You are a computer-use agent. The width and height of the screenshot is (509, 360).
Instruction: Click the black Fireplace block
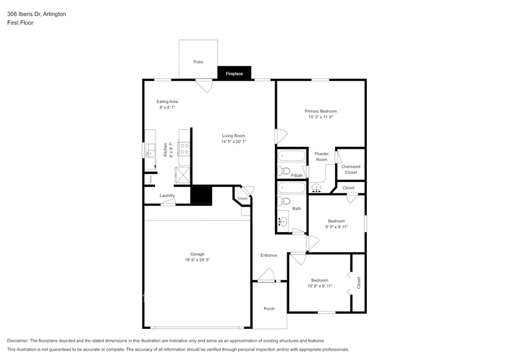(234, 73)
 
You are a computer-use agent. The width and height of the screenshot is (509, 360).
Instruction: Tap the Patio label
(198, 62)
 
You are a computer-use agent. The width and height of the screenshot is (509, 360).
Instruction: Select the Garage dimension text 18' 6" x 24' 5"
(197, 260)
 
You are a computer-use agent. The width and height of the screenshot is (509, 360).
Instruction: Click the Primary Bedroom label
(320, 111)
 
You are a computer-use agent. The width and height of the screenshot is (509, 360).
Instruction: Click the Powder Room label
(322, 157)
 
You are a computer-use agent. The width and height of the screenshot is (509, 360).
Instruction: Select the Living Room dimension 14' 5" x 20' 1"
(233, 142)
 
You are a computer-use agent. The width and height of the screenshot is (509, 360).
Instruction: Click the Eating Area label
(167, 102)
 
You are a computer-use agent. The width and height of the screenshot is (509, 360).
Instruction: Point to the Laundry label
(167, 196)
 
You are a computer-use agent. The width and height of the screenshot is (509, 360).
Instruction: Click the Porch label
(269, 309)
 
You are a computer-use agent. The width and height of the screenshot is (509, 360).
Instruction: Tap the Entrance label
(268, 255)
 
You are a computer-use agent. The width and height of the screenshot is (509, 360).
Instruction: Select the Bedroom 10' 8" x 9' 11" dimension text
(319, 286)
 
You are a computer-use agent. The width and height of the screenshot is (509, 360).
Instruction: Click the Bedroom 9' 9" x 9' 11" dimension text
(336, 227)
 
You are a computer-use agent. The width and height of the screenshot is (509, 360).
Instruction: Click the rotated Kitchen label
(165, 149)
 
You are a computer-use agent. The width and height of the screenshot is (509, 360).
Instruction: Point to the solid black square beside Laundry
(201, 196)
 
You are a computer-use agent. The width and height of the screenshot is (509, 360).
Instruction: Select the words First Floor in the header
(20, 23)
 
